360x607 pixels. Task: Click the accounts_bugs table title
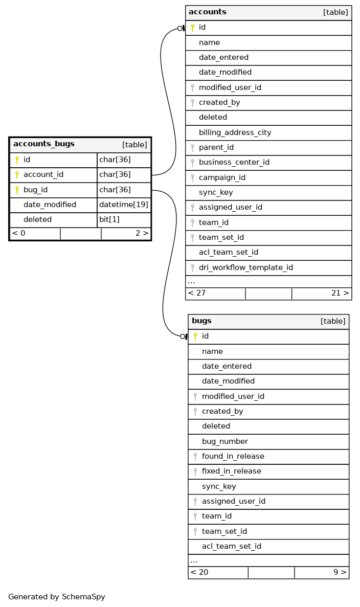(x=44, y=144)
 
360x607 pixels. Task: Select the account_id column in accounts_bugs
(x=43, y=175)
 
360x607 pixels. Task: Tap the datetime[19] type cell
(x=124, y=205)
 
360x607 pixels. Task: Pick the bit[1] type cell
(x=109, y=219)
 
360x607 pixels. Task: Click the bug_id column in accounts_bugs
(x=36, y=190)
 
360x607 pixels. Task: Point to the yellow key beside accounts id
(x=192, y=28)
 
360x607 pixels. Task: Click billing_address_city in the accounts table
(x=235, y=132)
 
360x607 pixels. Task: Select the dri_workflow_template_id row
(x=245, y=267)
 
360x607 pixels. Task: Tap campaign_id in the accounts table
(x=222, y=177)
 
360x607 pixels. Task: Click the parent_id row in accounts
(x=216, y=147)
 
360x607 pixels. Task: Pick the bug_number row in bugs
(x=224, y=441)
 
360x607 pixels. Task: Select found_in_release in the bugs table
(x=233, y=456)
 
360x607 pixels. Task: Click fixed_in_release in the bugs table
(x=231, y=471)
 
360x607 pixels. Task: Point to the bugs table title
(x=201, y=321)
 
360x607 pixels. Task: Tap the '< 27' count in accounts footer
(x=197, y=294)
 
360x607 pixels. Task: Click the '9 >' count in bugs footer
(x=340, y=572)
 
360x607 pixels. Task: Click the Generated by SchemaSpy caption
(x=56, y=597)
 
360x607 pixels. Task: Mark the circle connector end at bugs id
(x=183, y=336)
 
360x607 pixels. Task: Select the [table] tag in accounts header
(x=335, y=12)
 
